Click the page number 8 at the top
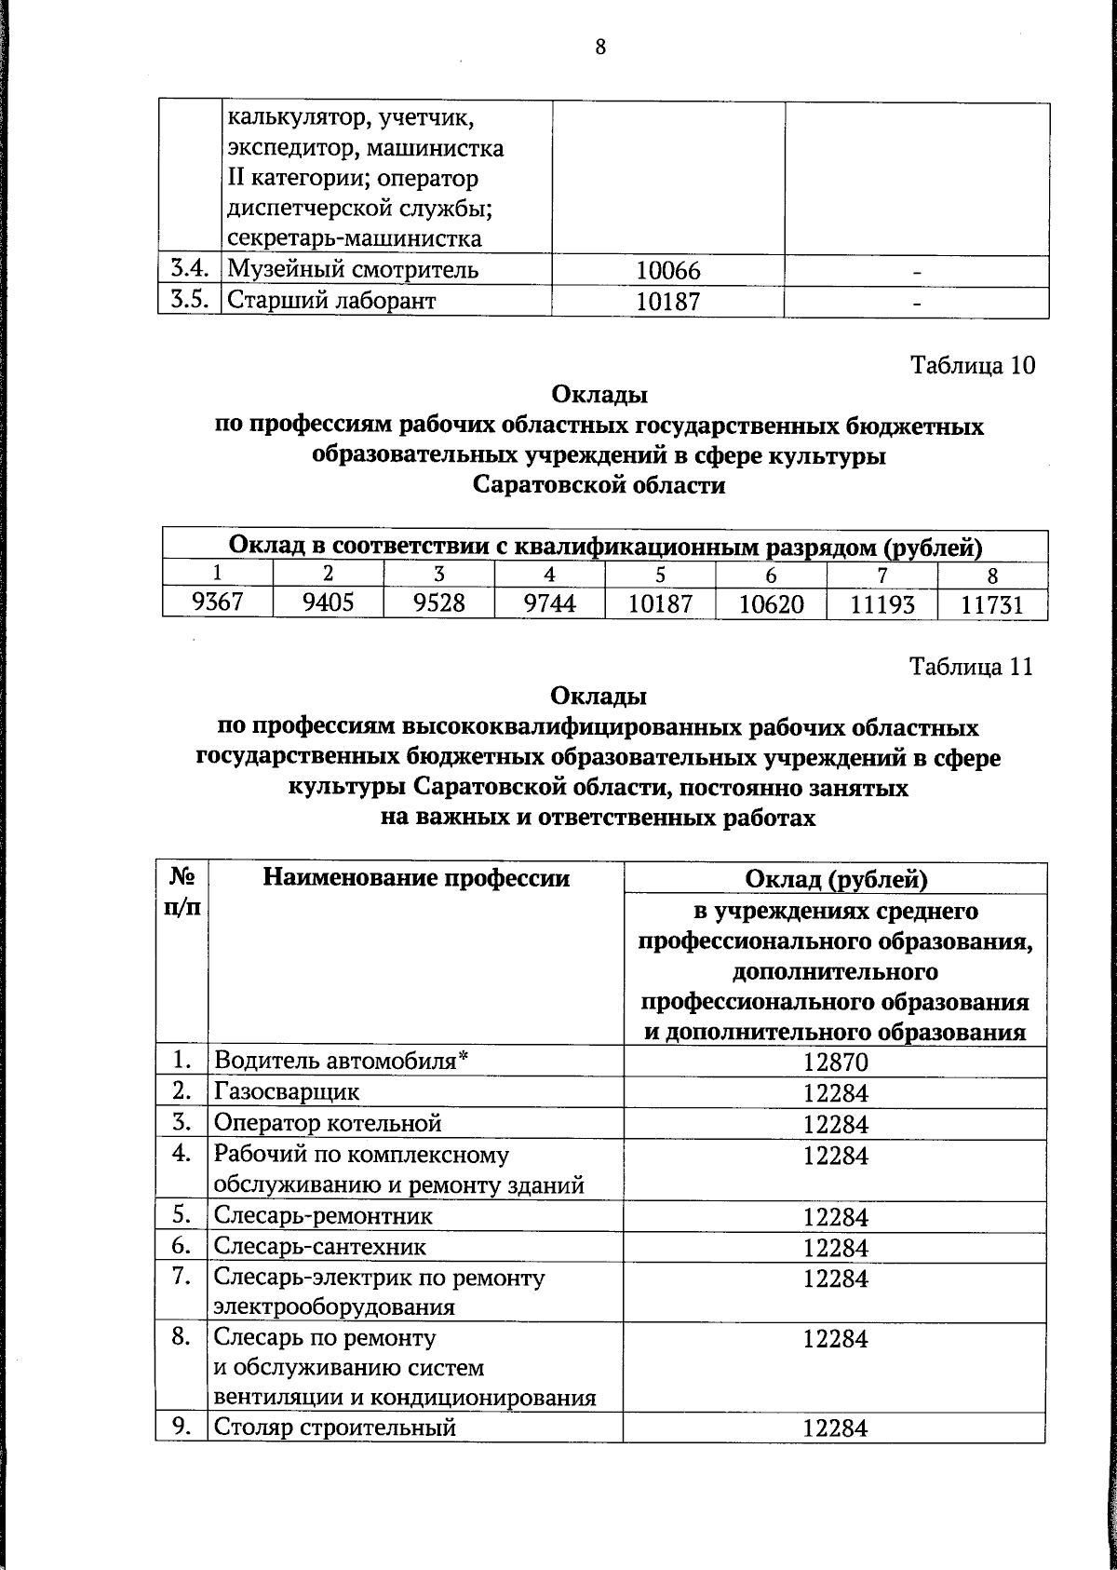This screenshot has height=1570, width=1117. pos(600,47)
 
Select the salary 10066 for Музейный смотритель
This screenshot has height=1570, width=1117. pos(667,271)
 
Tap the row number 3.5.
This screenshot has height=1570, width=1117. pos(188,301)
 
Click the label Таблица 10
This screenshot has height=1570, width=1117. pos(972,365)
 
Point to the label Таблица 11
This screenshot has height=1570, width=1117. pos(972,667)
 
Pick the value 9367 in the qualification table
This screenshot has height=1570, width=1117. pos(217,603)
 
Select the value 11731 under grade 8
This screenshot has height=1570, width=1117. pos(992,605)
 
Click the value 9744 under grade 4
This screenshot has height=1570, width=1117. pos(549,604)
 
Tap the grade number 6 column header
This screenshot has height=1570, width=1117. pos(771,575)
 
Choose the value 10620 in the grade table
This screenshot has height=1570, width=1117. pos(771,605)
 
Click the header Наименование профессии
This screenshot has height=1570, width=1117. pos(416,877)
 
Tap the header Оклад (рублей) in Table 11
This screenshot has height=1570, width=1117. pos(836,878)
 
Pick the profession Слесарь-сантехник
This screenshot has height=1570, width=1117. pos(320,1246)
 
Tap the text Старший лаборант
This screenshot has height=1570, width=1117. pos(332,301)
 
